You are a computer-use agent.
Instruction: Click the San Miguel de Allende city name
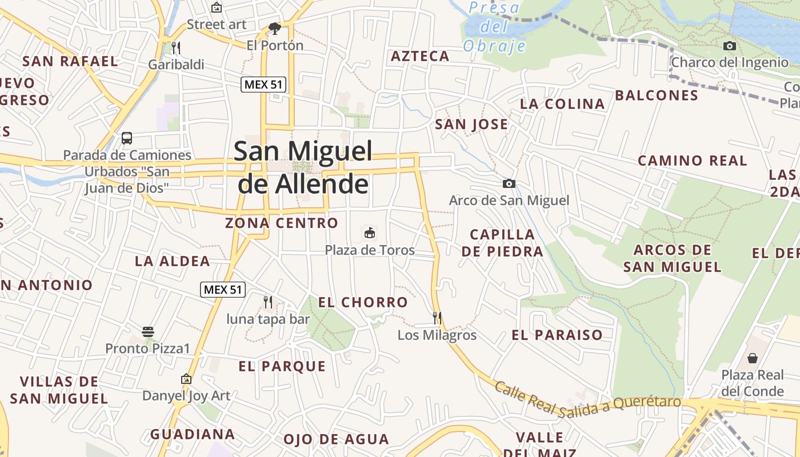pos(303,167)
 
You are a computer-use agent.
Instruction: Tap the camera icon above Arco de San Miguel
pos(509,183)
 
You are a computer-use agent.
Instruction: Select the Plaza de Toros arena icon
pos(370,232)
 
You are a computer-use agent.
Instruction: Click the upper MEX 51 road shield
pos(263,85)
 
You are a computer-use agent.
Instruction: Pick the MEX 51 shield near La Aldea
pos(223,290)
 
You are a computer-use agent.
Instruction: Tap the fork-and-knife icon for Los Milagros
pos(437,318)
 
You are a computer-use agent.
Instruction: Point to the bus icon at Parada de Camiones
pos(127,138)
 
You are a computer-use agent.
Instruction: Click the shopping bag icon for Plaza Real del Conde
pos(753,358)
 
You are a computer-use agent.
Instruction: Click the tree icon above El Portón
pos(275,28)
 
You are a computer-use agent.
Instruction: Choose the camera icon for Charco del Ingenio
pos(730,46)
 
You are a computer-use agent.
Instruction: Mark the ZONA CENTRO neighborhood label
pos(282,223)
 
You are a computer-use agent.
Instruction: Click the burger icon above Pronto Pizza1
pos(148,331)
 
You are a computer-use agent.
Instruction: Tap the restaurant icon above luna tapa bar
pos(267,302)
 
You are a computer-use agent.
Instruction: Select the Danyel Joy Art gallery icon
pos(186,379)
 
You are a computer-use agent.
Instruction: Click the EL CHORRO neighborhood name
pos(363,302)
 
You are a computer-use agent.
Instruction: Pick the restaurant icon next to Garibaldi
pos(176,47)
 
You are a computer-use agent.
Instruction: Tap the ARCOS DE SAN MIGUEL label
pos(673,258)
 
